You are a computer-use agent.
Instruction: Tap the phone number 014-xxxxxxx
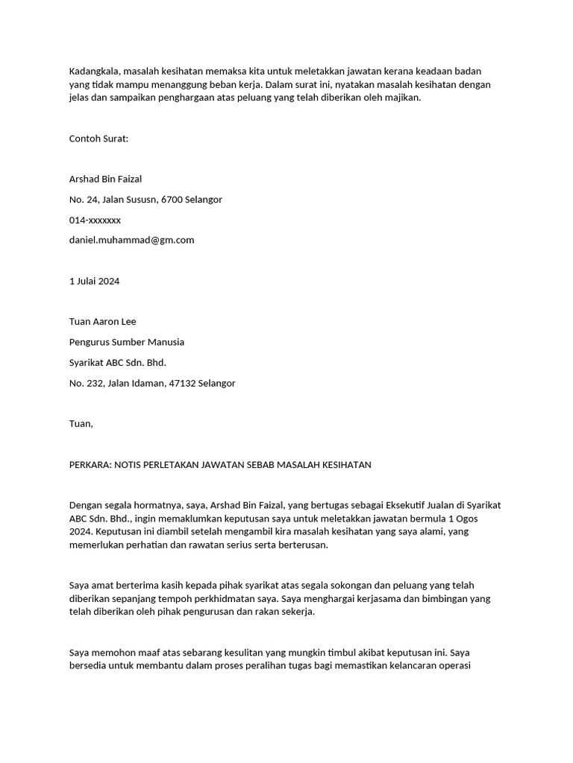coord(95,220)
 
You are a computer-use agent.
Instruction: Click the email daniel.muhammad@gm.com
coord(131,240)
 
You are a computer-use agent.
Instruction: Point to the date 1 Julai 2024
coord(94,281)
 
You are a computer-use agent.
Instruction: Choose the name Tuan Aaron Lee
coord(102,322)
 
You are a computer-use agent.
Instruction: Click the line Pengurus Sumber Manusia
coord(126,342)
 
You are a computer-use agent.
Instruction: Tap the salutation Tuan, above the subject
coord(81,424)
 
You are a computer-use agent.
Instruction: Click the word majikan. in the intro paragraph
coord(404,98)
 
